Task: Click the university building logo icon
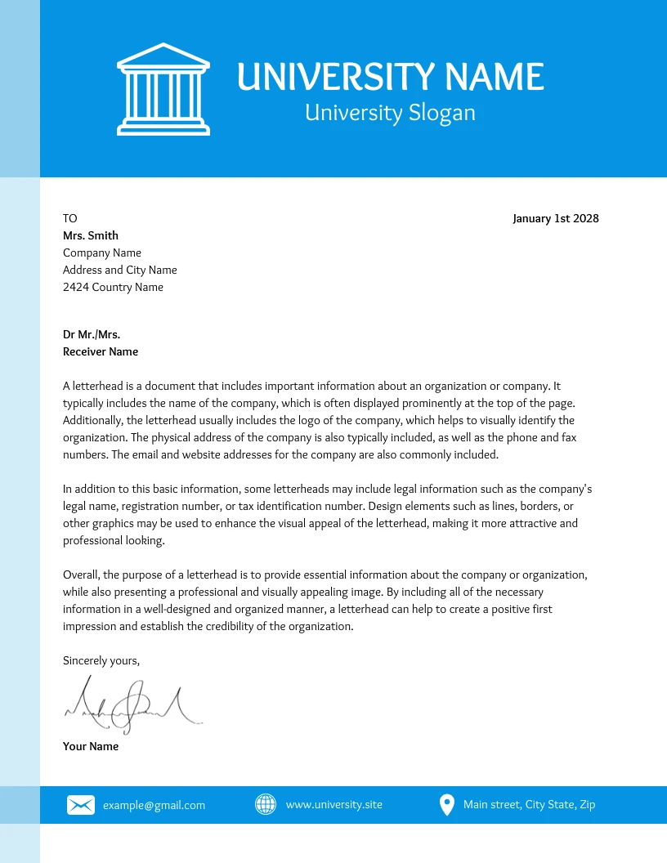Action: [163, 89]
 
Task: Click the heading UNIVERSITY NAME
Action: [390, 77]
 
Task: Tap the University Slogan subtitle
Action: [390, 112]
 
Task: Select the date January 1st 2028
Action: [555, 218]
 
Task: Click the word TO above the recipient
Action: [70, 218]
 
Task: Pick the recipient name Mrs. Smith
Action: [91, 235]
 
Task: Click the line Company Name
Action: [102, 253]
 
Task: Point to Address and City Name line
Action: [120, 270]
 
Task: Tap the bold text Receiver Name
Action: [101, 351]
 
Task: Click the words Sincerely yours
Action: [101, 660]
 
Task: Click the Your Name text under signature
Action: [91, 746]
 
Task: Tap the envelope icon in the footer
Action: [80, 805]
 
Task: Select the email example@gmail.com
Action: [154, 805]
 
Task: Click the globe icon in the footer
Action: [266, 805]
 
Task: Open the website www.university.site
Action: [333, 805]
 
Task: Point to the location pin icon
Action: [446, 805]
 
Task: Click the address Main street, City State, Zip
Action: [529, 805]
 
